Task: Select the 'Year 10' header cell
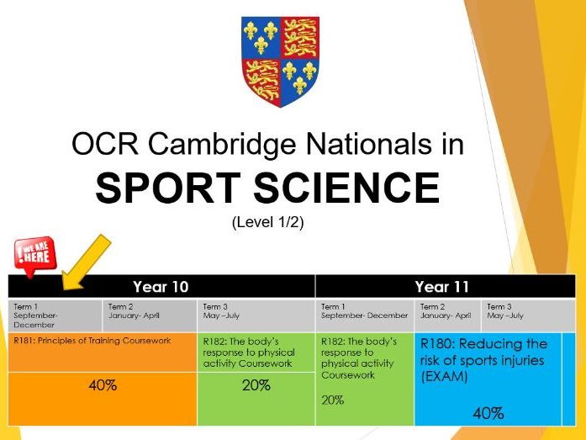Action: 161,286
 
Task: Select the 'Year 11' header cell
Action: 443,286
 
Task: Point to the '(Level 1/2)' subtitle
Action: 267,224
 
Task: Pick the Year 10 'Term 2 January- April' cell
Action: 149,312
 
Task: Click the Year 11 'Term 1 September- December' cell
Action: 364,312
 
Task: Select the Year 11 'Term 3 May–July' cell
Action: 522,312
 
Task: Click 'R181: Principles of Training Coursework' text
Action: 92,341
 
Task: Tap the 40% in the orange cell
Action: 103,387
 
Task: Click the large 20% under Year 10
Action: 256,386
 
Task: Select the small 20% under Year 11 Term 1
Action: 332,400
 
